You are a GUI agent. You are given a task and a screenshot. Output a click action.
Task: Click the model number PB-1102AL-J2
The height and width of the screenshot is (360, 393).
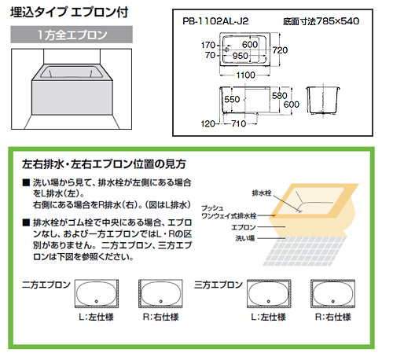tap(215, 21)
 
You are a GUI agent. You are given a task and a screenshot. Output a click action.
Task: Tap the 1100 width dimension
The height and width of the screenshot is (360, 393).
tap(245, 75)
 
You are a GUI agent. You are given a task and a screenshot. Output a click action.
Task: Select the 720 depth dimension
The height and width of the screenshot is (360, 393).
tap(280, 50)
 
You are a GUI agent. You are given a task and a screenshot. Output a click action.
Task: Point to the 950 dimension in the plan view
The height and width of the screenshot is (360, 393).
tap(240, 56)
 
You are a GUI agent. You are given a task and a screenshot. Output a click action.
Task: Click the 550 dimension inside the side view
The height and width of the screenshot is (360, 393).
tap(232, 99)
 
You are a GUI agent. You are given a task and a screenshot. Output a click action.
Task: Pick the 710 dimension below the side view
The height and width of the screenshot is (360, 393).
tap(238, 123)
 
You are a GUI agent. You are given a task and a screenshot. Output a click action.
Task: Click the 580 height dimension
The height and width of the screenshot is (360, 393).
tap(279, 96)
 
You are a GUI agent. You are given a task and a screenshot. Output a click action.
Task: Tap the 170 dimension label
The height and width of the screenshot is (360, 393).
tap(208, 46)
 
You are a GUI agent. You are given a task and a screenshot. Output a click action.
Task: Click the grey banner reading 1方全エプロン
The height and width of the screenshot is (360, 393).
tap(72, 35)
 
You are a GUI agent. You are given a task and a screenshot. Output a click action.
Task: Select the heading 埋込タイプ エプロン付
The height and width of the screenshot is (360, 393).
tap(69, 13)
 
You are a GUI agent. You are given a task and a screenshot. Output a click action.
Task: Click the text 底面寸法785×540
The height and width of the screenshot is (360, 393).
tap(321, 21)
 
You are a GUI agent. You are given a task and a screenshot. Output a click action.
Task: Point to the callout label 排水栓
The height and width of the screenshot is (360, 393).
tap(262, 193)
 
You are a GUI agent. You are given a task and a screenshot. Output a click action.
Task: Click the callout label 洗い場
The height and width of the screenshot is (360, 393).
tap(245, 238)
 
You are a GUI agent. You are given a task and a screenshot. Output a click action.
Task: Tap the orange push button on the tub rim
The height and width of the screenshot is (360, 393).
tap(274, 215)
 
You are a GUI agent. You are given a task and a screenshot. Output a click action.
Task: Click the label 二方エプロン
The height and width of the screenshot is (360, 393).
tap(46, 285)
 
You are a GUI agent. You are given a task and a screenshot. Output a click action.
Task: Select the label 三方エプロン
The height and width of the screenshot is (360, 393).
tap(219, 285)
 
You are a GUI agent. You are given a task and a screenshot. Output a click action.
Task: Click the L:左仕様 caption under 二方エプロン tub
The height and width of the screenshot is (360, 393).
tap(96, 317)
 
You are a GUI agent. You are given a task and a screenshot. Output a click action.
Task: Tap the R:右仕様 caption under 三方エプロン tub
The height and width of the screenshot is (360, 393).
tap(332, 317)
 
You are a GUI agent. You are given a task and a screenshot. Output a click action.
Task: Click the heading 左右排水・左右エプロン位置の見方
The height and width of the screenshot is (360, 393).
tap(104, 164)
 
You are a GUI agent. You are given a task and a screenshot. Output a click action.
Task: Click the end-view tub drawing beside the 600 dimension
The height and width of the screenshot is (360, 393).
tap(323, 101)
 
